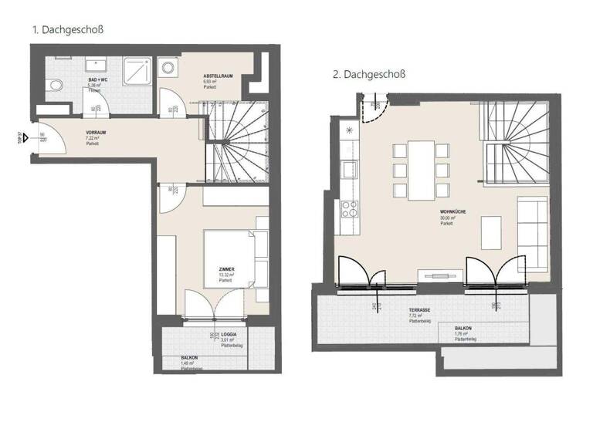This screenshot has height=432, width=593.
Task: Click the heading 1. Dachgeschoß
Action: click(x=68, y=30)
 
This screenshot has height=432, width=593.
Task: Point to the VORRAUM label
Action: click(x=97, y=132)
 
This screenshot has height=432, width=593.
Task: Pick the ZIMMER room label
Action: click(x=227, y=269)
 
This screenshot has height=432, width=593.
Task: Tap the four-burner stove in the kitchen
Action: click(x=349, y=208)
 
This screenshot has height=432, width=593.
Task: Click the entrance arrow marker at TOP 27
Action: click(x=27, y=139)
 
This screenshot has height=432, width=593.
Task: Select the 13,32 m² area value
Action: click(x=226, y=275)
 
